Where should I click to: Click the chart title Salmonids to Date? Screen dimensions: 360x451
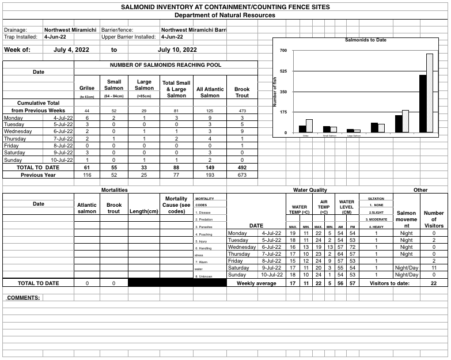click(365, 40)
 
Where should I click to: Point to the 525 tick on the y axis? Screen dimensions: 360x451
click(283, 71)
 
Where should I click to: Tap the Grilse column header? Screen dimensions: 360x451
click(86, 88)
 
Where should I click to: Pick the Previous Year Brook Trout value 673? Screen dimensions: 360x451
click(242, 175)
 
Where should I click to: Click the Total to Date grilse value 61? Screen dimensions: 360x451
click(86, 167)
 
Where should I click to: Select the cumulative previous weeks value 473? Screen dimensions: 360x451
click(242, 111)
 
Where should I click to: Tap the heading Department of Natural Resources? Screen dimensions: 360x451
click(225, 16)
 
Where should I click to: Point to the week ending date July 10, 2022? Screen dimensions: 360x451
click(177, 50)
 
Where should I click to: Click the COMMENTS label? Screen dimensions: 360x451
click(24, 298)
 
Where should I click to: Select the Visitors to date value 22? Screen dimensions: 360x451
click(434, 283)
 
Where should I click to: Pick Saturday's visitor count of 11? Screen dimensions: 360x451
click(434, 268)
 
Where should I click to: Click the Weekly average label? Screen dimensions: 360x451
click(257, 283)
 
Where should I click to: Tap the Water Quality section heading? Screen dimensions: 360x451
click(310, 190)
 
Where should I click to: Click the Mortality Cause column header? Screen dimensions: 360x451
click(176, 205)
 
